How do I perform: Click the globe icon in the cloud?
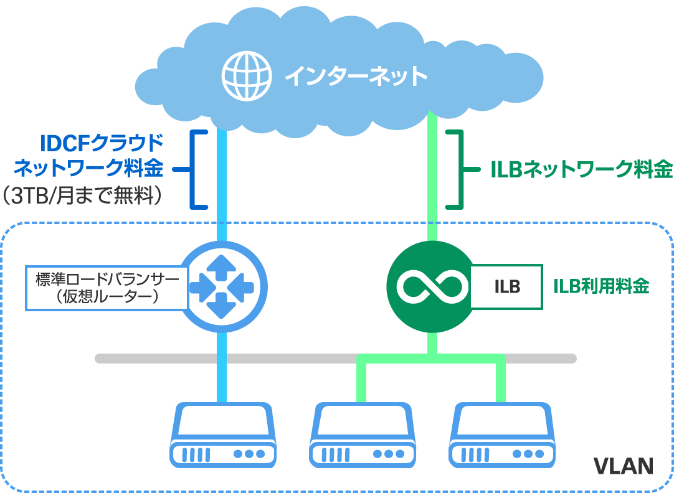click(247, 76)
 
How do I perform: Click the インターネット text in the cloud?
click(356, 77)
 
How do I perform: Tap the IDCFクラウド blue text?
click(102, 144)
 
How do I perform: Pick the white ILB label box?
click(506, 287)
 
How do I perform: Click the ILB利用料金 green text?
click(601, 286)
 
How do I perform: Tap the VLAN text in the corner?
click(622, 466)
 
